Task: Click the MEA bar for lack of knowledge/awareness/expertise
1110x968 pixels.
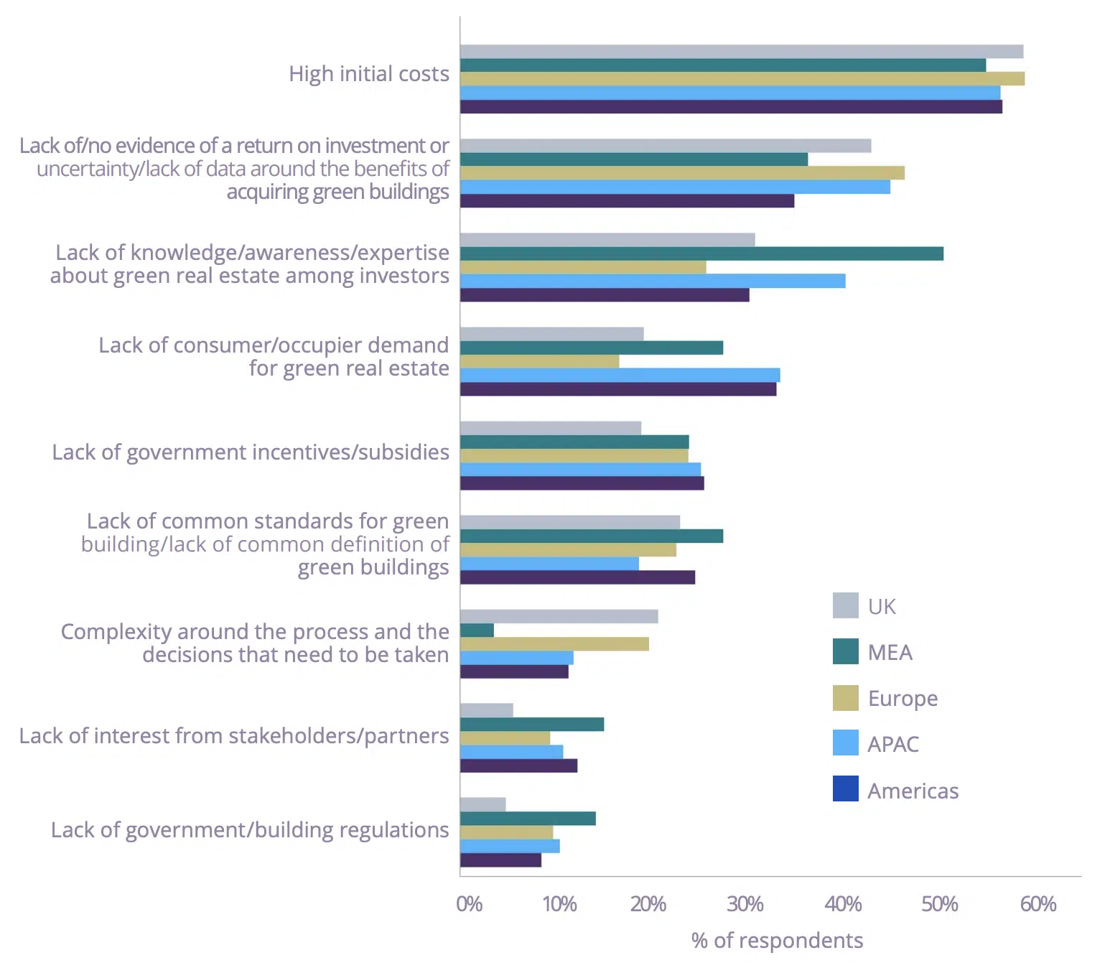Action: (x=701, y=253)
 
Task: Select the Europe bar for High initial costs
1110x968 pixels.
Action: (x=742, y=79)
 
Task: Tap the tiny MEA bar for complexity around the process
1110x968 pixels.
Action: (x=477, y=630)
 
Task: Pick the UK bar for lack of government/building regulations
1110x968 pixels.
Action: (x=482, y=804)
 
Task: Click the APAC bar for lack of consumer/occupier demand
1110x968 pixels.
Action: (x=620, y=376)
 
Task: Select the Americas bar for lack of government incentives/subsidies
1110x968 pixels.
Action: (x=582, y=483)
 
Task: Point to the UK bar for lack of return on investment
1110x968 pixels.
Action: (x=665, y=146)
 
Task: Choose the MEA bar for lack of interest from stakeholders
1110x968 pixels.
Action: (x=531, y=725)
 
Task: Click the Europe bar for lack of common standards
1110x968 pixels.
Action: (x=568, y=550)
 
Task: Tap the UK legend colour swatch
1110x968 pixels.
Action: (x=845, y=606)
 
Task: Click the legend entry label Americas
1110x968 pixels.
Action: (x=913, y=791)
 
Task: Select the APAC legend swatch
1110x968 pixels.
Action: (x=845, y=743)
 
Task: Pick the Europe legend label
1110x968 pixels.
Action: (x=903, y=698)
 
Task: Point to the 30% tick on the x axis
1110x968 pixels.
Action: (x=745, y=904)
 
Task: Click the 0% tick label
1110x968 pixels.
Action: (x=469, y=904)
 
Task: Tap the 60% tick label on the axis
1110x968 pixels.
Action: (x=1037, y=904)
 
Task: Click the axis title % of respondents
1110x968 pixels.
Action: (x=777, y=941)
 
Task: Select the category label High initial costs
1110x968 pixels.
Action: (x=368, y=74)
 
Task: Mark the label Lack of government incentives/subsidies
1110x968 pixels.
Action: (x=251, y=452)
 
